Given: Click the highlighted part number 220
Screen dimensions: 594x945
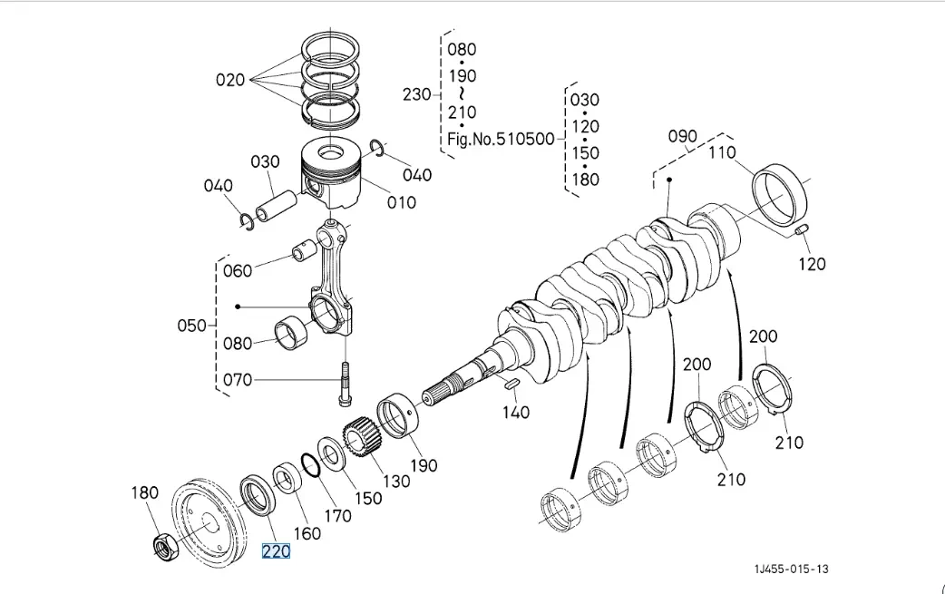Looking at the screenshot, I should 276,550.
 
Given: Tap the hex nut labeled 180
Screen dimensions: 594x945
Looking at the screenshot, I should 164,545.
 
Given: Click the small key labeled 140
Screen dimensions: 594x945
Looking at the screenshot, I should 510,385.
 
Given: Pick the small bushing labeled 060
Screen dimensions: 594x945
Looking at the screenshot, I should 303,250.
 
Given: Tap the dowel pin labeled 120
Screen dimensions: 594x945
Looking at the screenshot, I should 801,231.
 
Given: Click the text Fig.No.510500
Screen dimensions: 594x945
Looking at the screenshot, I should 501,140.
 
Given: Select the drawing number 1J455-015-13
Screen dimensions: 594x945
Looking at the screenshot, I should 791,569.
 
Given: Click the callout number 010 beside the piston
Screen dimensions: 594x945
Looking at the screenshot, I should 402,201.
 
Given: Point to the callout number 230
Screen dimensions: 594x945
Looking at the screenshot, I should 418,94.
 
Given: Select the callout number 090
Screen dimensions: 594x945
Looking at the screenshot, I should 683,136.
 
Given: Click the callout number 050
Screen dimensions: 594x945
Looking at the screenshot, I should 192,325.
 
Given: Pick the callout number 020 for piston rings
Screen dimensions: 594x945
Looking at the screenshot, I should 230,80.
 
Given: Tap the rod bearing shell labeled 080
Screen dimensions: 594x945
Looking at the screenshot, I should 291,333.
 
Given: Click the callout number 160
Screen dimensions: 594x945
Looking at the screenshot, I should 307,533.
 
